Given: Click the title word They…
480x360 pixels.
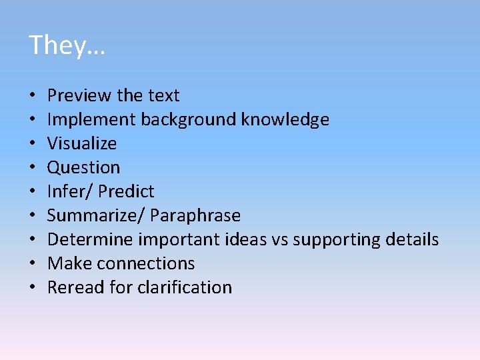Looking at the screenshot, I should click(x=67, y=45).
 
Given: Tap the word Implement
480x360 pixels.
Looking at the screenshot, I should click(x=92, y=120).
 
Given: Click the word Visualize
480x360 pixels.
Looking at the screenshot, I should click(x=82, y=143).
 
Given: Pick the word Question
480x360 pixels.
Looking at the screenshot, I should click(x=84, y=167).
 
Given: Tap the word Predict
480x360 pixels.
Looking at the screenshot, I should click(x=126, y=191).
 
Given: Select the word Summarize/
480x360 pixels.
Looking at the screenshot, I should click(x=96, y=215).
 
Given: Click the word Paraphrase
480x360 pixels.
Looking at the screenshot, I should click(x=195, y=215).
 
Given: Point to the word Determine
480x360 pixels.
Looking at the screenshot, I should click(x=91, y=239).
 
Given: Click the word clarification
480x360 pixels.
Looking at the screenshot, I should click(x=185, y=287).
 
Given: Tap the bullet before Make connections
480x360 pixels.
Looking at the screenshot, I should click(x=33, y=263).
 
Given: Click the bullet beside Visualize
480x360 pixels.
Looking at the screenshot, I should click(x=33, y=143).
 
